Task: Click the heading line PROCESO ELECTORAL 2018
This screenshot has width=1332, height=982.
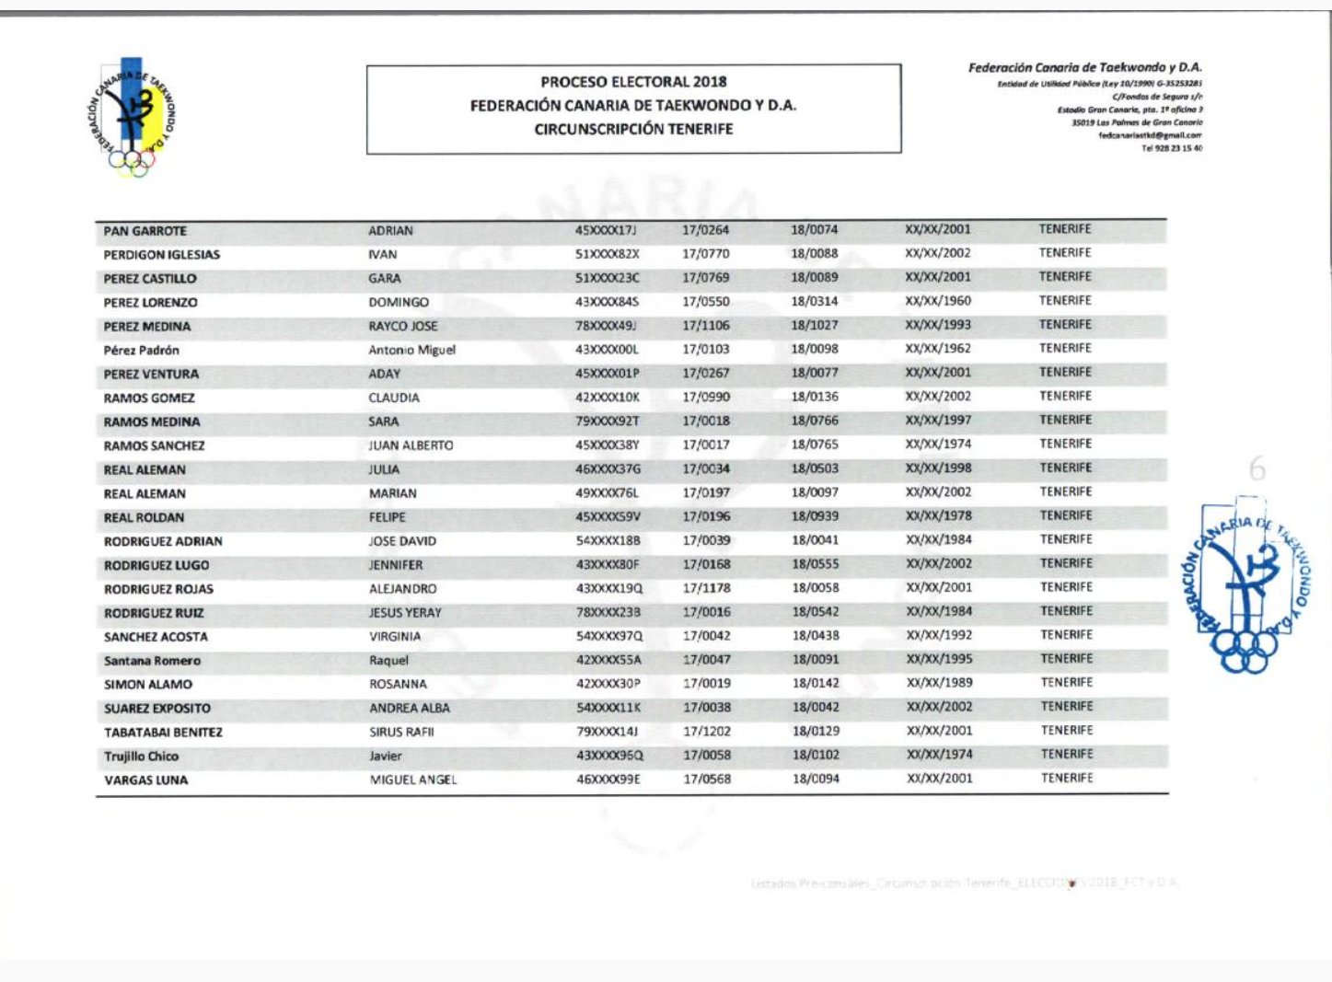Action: pyautogui.click(x=633, y=82)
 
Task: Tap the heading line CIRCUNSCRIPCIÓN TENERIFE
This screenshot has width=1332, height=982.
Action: pyautogui.click(x=633, y=129)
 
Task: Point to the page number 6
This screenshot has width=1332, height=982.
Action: pyautogui.click(x=1257, y=469)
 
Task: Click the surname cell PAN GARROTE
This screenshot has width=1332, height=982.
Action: pyautogui.click(x=145, y=231)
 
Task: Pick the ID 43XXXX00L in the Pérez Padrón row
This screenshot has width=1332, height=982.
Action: pyautogui.click(x=607, y=350)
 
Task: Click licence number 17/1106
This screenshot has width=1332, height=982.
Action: pyautogui.click(x=706, y=326)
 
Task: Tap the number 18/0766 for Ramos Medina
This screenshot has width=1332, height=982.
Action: pyautogui.click(x=815, y=421)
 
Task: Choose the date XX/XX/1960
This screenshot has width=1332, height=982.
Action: pyautogui.click(x=937, y=301)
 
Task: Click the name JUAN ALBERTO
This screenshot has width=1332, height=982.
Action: pyautogui.click(x=411, y=445)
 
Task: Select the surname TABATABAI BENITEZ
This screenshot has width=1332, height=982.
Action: pyautogui.click(x=163, y=733)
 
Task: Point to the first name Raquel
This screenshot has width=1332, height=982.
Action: pyautogui.click(x=388, y=661)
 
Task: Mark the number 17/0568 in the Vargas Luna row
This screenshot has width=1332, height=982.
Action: pyautogui.click(x=707, y=780)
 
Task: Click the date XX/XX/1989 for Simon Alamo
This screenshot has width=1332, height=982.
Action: pyautogui.click(x=939, y=683)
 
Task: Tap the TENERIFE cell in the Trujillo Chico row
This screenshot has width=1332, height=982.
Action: pyautogui.click(x=1067, y=755)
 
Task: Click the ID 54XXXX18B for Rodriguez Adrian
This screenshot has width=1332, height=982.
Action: pyautogui.click(x=608, y=541)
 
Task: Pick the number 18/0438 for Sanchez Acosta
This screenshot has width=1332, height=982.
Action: pyautogui.click(x=816, y=636)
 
